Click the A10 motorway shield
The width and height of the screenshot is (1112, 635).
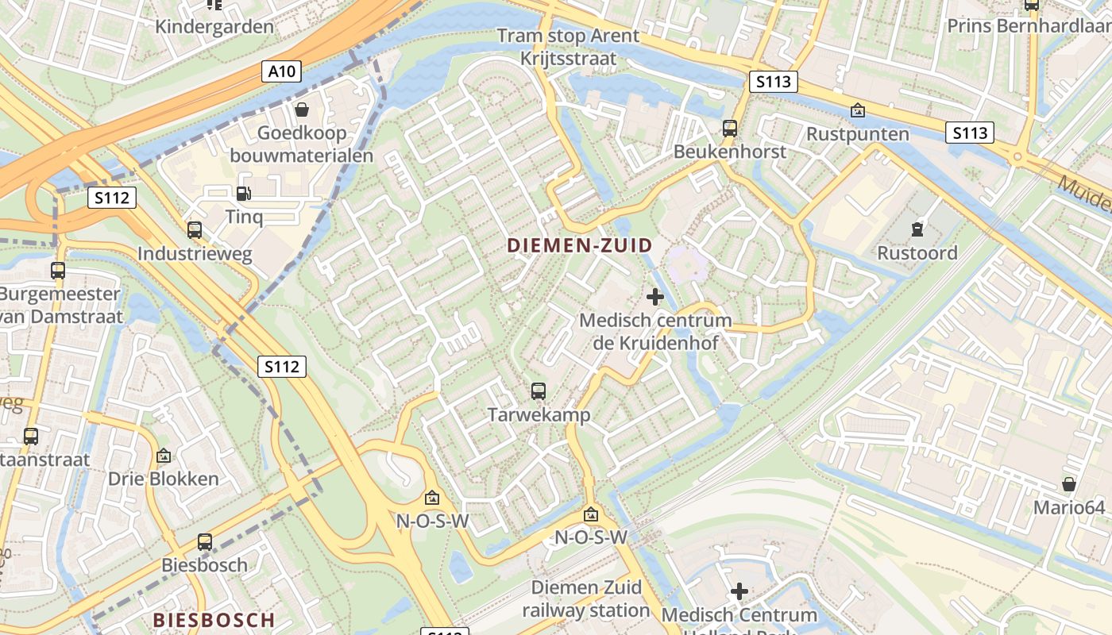pyautogui.click(x=282, y=72)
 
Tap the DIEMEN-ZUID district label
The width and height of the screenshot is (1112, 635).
pyautogui.click(x=580, y=246)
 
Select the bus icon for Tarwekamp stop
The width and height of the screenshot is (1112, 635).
pyautogui.click(x=539, y=391)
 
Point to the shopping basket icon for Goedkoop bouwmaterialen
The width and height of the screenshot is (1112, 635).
pyautogui.click(x=301, y=109)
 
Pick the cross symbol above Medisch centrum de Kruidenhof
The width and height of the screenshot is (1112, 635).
pyautogui.click(x=655, y=297)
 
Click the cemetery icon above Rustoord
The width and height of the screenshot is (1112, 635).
pyautogui.click(x=917, y=229)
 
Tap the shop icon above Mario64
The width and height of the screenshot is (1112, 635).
pyautogui.click(x=1069, y=483)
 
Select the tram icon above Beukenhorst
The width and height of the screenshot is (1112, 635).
pyautogui.click(x=730, y=128)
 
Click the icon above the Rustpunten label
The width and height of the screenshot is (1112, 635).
pyautogui.click(x=857, y=110)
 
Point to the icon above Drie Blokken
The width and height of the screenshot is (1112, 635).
pyautogui.click(x=164, y=456)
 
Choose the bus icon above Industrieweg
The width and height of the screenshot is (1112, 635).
pyautogui.click(x=195, y=230)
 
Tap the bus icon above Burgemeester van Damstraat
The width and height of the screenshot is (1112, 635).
pyautogui.click(x=58, y=270)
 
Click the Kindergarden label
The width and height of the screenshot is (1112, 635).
pyautogui.click(x=214, y=26)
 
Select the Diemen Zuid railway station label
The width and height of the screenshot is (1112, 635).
pyautogui.click(x=586, y=599)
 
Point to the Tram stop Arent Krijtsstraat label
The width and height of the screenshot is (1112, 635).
pyautogui.click(x=568, y=47)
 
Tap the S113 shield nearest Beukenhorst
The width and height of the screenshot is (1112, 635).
pyautogui.click(x=773, y=81)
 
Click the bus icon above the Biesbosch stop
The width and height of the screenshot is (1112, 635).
pyautogui.click(x=205, y=542)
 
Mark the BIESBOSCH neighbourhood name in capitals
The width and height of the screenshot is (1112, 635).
pyautogui.click(x=214, y=620)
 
